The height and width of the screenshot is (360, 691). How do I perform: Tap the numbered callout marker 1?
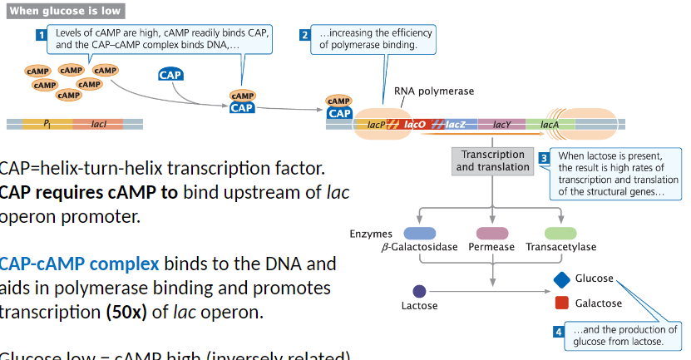pyautogui.click(x=41, y=35)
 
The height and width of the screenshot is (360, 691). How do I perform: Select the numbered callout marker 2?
pyautogui.click(x=304, y=35)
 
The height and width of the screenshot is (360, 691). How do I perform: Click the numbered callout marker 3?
pyautogui.click(x=544, y=158)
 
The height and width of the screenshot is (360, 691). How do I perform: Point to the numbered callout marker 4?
pyautogui.click(x=559, y=332)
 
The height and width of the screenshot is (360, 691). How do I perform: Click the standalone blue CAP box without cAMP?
pyautogui.click(x=170, y=76)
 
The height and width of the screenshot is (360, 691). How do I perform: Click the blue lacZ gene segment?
pyautogui.click(x=454, y=125)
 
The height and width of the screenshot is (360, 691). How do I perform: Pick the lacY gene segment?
pyautogui.click(x=501, y=125)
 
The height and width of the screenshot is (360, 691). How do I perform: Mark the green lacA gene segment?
pyautogui.click(x=550, y=125)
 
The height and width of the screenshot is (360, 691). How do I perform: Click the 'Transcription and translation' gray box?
pyautogui.click(x=492, y=160)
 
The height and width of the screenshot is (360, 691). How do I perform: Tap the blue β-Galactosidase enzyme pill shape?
pyautogui.click(x=420, y=234)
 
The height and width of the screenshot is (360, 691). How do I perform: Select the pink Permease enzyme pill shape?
pyautogui.click(x=491, y=234)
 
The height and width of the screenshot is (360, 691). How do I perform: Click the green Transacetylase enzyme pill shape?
pyautogui.click(x=560, y=234)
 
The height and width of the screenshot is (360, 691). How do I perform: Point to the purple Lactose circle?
pyautogui.click(x=419, y=291)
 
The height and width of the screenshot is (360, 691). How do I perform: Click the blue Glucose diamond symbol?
pyautogui.click(x=561, y=279)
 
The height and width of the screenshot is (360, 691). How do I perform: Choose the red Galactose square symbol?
pyautogui.click(x=561, y=303)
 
